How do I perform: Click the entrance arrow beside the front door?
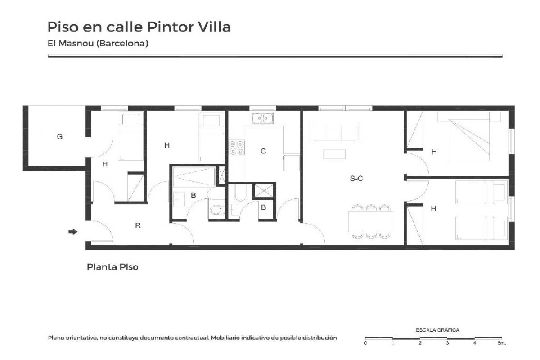[x=73, y=232]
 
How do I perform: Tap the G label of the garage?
[x=59, y=137]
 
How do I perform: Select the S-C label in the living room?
[x=356, y=179]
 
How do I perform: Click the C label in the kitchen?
[x=263, y=151]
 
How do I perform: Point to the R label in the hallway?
[x=138, y=225]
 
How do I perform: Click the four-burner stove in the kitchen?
[x=237, y=148]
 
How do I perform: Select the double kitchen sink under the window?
[x=262, y=118]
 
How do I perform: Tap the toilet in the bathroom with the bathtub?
[x=216, y=209]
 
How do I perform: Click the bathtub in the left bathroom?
[x=194, y=177]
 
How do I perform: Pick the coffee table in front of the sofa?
[x=334, y=154]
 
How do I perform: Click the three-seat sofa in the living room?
[x=334, y=131]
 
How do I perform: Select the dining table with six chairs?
[x=371, y=222]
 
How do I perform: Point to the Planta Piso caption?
[x=112, y=267]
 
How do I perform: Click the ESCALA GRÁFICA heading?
[x=437, y=330]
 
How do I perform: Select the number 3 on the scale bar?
[x=447, y=343]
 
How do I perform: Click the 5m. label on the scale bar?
[x=502, y=343]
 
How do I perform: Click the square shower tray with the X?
[x=264, y=191]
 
